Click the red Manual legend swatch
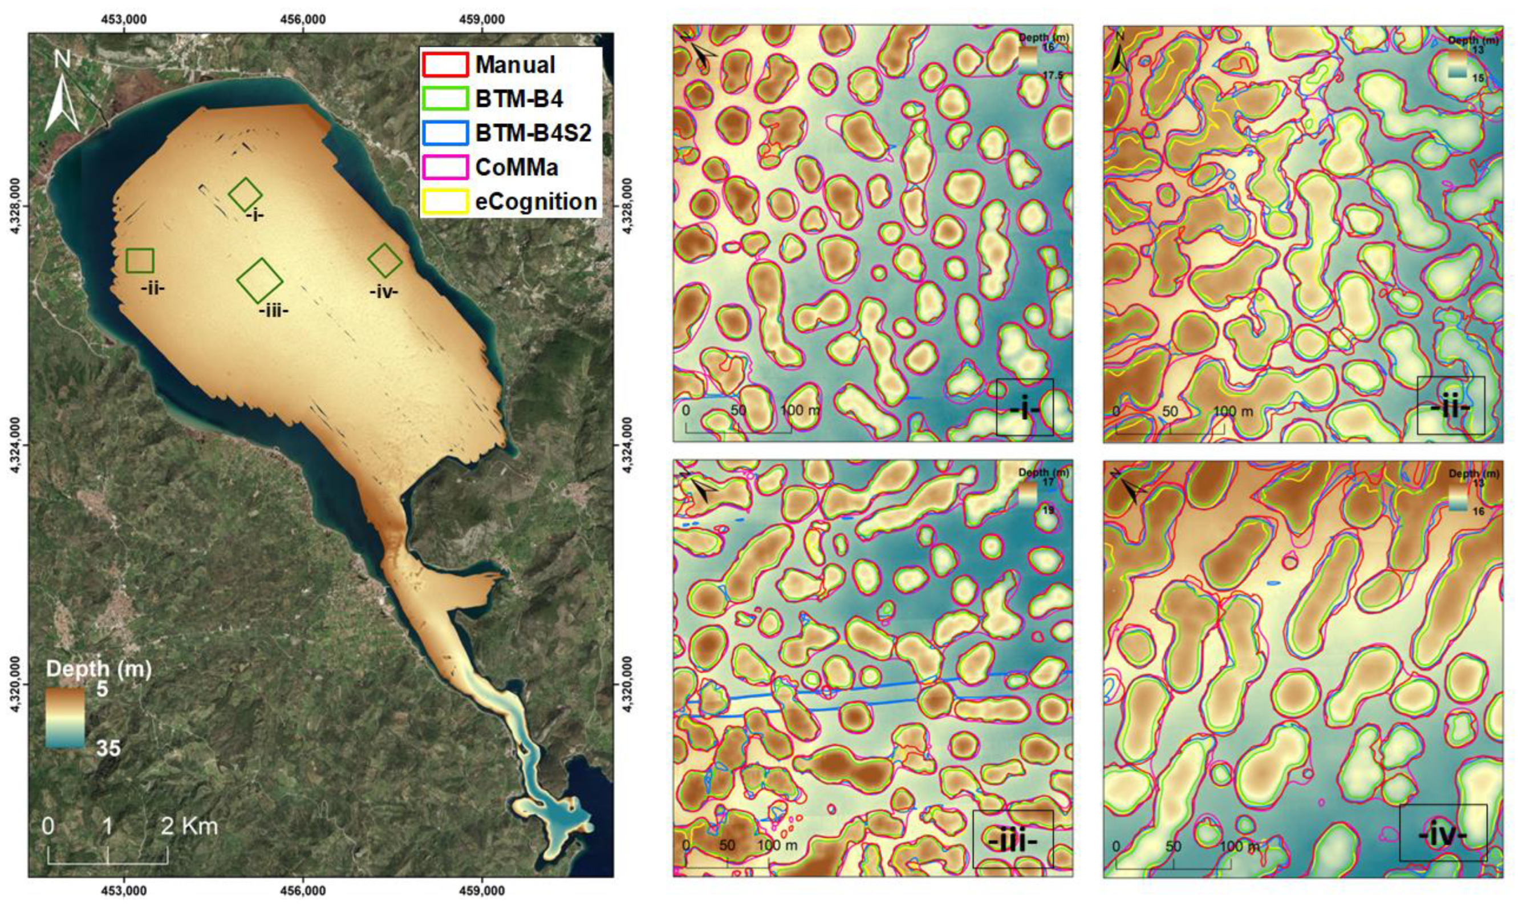click(445, 64)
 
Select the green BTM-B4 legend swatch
click(445, 99)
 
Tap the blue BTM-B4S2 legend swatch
click(445, 133)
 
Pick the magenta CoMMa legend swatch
click(445, 167)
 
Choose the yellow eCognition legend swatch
click(445, 201)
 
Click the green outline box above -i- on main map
click(245, 194)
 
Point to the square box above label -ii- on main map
click(140, 261)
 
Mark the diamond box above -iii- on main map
click(260, 281)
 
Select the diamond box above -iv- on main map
click(385, 260)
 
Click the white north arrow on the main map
click(63, 92)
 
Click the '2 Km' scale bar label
click(190, 826)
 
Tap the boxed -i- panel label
click(1025, 407)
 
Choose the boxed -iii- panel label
click(1012, 839)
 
